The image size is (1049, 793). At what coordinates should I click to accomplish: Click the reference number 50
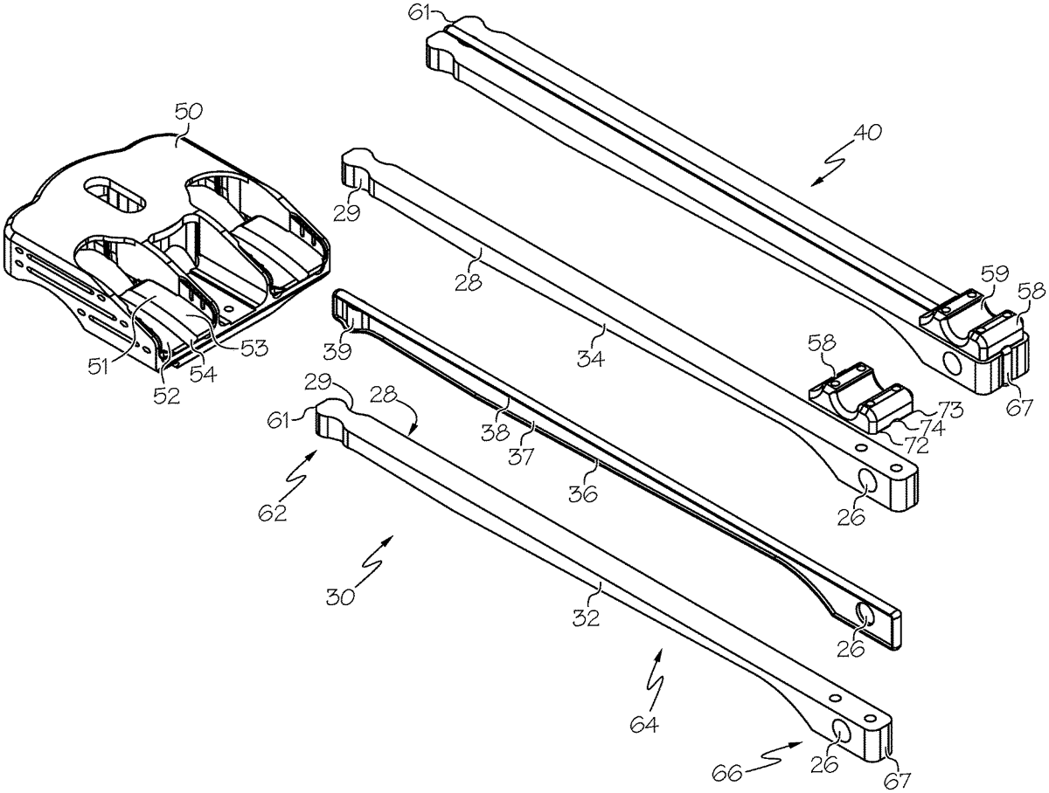click(x=189, y=112)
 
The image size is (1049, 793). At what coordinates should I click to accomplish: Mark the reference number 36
click(x=583, y=493)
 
